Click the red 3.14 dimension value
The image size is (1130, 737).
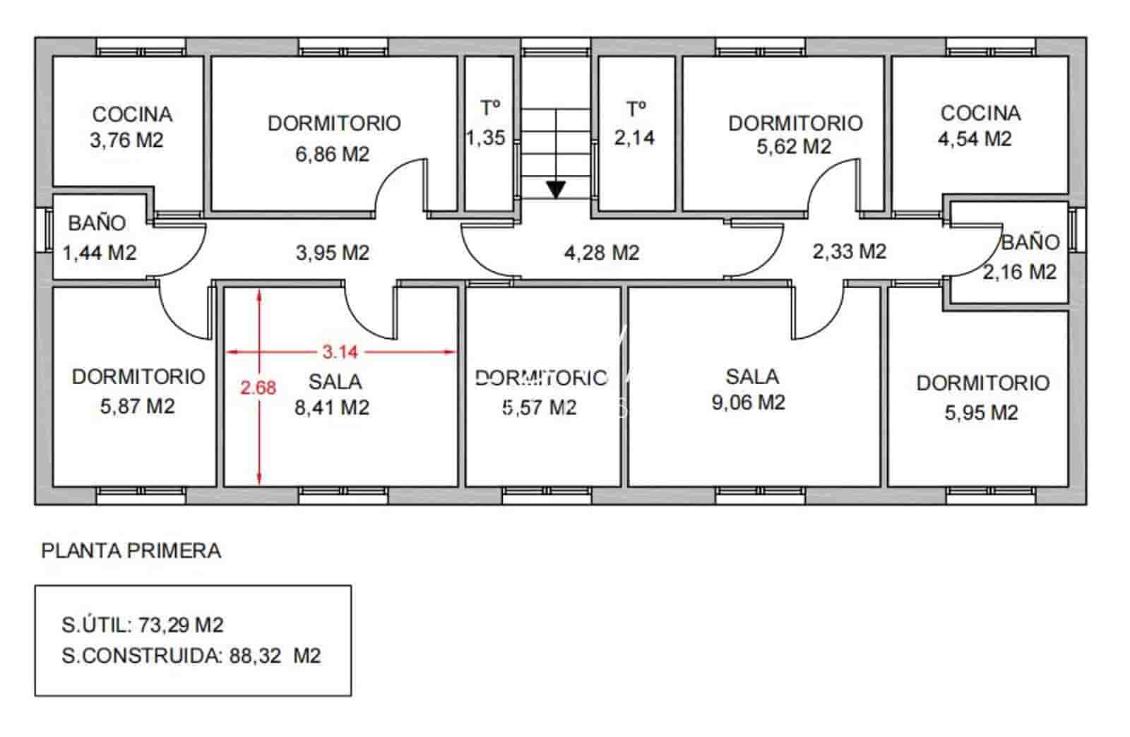tap(340, 351)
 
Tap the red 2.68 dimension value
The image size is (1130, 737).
tap(258, 388)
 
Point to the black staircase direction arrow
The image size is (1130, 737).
tap(556, 189)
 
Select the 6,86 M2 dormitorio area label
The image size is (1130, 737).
tap(332, 153)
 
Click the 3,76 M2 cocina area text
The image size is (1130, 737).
tap(126, 140)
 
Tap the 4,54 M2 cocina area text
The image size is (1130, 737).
tap(975, 138)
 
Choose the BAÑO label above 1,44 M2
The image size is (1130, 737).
tap(97, 223)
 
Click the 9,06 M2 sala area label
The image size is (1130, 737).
tap(748, 402)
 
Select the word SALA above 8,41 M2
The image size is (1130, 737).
tap(335, 382)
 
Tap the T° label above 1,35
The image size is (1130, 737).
tap(490, 108)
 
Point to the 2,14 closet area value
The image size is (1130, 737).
tap(634, 137)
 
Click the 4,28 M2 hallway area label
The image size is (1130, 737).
tap(601, 252)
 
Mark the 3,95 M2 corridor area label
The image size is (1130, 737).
tap(332, 252)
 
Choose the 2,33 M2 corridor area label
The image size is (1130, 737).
tap(849, 251)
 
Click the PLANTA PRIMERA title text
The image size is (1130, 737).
tap(131, 551)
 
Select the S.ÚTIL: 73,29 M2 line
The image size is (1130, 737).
tap(143, 625)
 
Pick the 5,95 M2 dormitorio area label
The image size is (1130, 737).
tap(981, 412)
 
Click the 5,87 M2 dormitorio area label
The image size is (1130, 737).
tap(137, 407)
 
